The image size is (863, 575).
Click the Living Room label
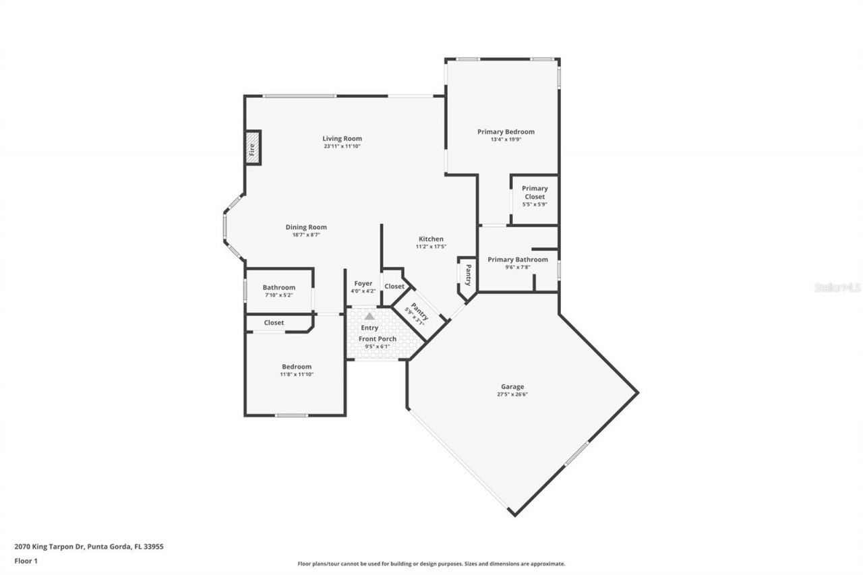point(343,139)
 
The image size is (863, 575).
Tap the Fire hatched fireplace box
point(253,148)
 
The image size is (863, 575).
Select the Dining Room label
point(306,227)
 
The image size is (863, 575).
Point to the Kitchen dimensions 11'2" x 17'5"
point(431,247)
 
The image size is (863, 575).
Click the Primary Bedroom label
point(506,132)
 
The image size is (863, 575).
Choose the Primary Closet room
point(535,196)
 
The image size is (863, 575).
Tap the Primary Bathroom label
point(518,260)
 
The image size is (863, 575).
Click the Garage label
point(512,387)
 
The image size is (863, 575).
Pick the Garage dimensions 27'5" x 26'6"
point(512,394)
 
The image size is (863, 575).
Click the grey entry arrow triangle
point(369,315)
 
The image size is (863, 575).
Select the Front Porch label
point(378,338)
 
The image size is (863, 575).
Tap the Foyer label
point(363,284)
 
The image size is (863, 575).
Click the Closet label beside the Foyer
point(394,286)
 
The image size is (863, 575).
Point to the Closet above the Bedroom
point(274,323)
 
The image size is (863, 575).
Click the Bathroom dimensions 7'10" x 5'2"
point(279,295)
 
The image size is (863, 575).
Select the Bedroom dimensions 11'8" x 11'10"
point(297,374)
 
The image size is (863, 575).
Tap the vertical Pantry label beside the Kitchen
point(467,275)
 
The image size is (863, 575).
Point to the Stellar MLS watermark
point(837,287)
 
